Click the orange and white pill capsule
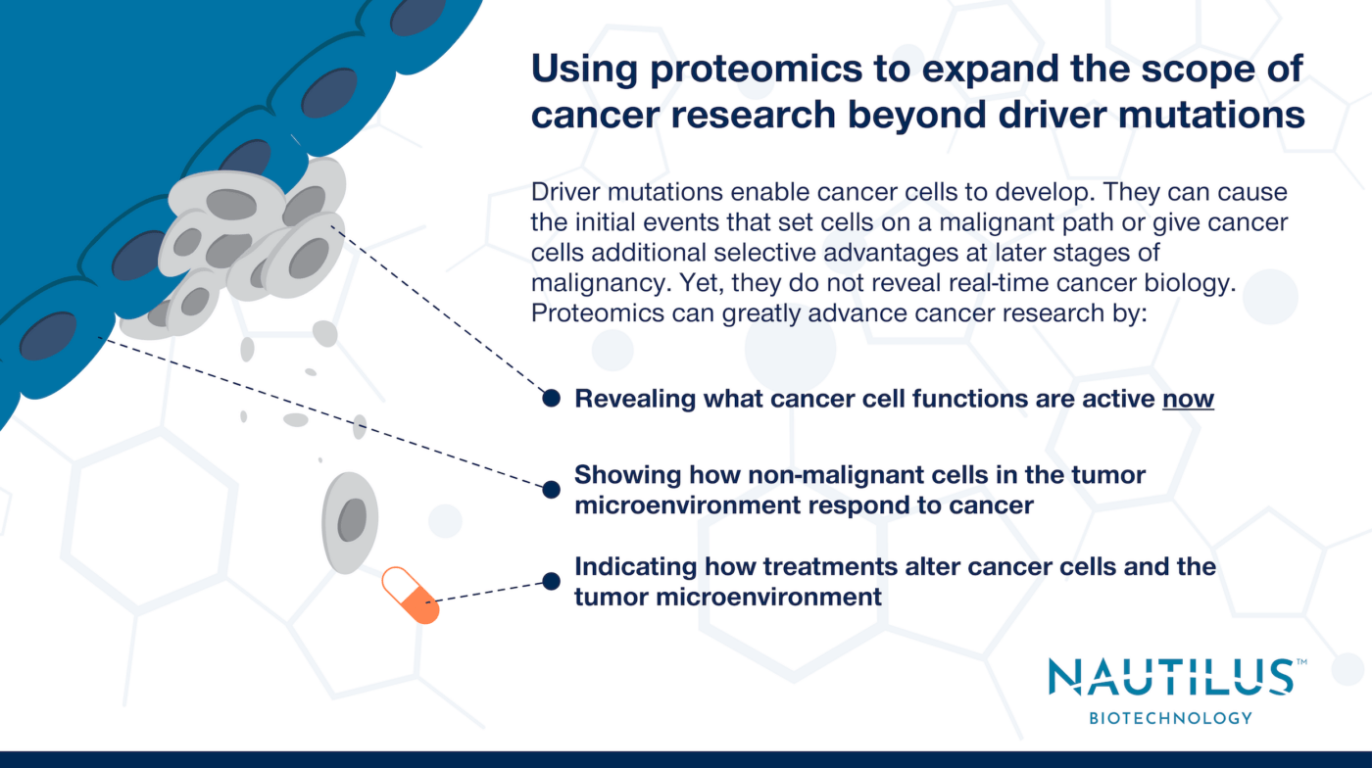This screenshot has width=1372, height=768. (x=410, y=595)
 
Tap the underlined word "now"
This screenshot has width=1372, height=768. (x=1188, y=400)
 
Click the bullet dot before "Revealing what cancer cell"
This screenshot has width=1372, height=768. (x=552, y=398)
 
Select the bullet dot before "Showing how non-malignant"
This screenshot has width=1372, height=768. (x=552, y=488)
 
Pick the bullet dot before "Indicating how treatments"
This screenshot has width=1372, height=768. (x=552, y=582)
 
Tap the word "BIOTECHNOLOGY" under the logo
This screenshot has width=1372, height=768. (x=1170, y=718)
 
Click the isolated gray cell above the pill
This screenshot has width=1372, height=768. (x=350, y=521)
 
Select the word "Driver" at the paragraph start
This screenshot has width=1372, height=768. (x=563, y=191)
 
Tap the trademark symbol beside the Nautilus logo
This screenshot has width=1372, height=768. (x=1300, y=663)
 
